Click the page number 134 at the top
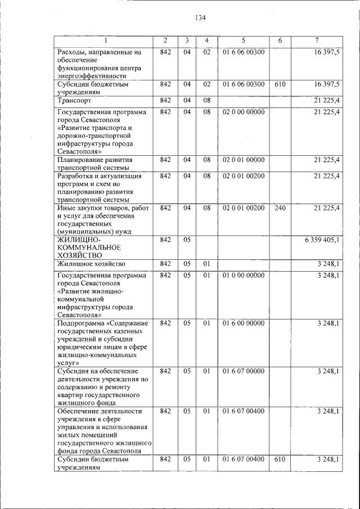[201, 18]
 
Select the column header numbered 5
[244, 40]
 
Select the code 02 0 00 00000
[244, 112]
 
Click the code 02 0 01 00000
[244, 160]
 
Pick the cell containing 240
[280, 208]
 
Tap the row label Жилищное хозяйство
[91, 263]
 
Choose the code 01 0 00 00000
[244, 276]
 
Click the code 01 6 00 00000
[244, 323]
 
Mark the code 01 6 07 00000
[244, 371]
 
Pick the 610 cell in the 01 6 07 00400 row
[280, 460]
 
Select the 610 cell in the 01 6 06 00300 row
[280, 84]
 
